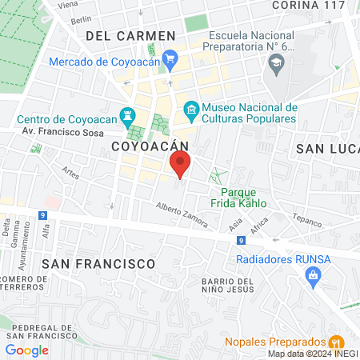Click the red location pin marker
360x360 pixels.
click(180, 164)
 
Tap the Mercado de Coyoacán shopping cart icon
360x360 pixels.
click(170, 58)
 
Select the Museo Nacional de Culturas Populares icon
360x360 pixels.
click(191, 108)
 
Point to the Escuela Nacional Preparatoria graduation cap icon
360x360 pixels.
click(277, 62)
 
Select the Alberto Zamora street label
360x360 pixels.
click(181, 210)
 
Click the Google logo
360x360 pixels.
click(27, 350)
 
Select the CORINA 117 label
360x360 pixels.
click(309, 5)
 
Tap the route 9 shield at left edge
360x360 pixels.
click(42, 216)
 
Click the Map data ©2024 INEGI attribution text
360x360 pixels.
click(312, 354)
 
